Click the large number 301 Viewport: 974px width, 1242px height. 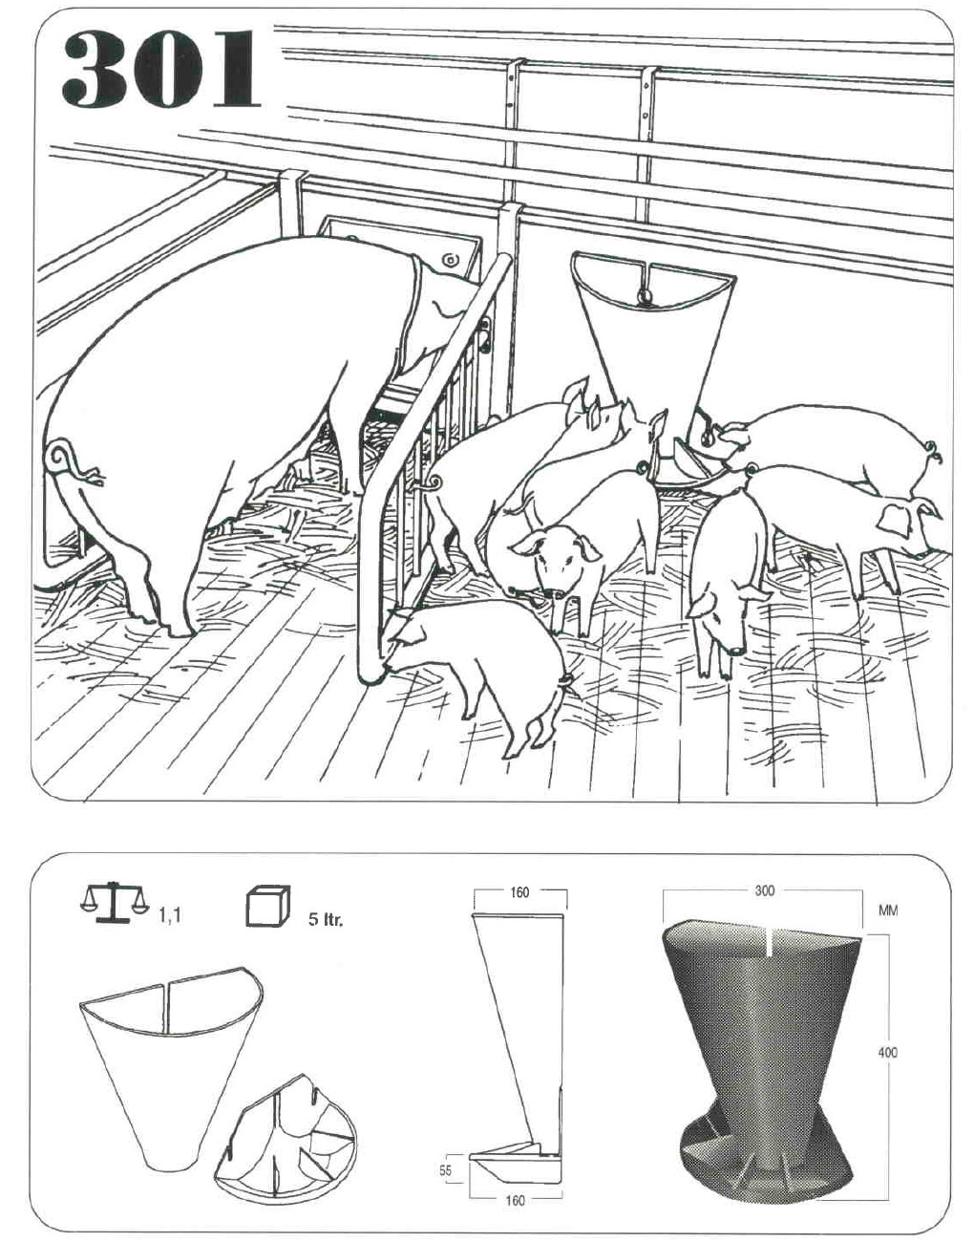pos(161,70)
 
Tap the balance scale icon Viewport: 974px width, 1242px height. pos(114,903)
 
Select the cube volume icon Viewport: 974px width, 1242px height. pos(268,906)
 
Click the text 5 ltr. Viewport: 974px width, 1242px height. pos(326,921)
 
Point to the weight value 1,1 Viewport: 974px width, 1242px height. pos(170,917)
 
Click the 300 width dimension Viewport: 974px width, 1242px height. pos(764,890)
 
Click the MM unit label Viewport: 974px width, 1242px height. pos(888,910)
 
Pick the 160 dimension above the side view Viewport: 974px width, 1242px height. pos(519,892)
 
